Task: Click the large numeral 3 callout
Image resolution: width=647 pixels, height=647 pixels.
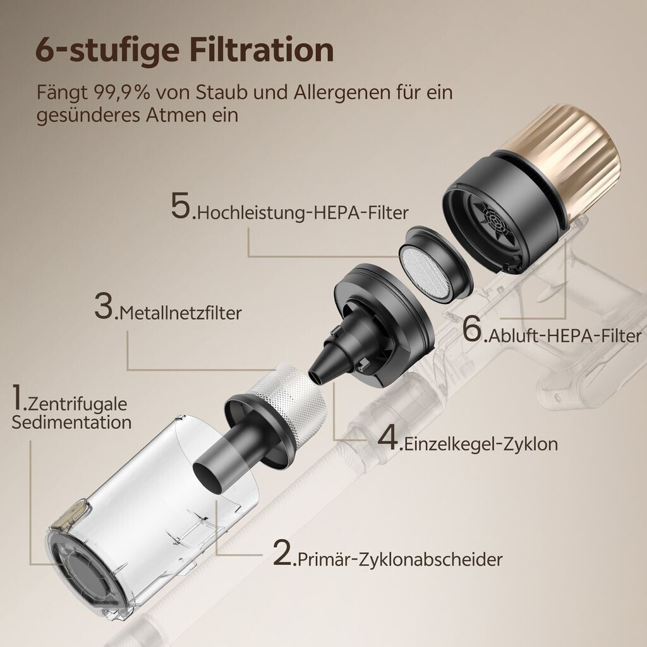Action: (x=104, y=306)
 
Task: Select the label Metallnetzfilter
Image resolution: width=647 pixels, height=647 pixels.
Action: (x=181, y=313)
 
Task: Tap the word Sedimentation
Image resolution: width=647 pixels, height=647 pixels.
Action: (x=71, y=422)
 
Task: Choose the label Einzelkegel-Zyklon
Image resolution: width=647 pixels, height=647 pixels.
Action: (x=481, y=444)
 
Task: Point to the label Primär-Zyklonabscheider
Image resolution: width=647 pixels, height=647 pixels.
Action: (x=400, y=560)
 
